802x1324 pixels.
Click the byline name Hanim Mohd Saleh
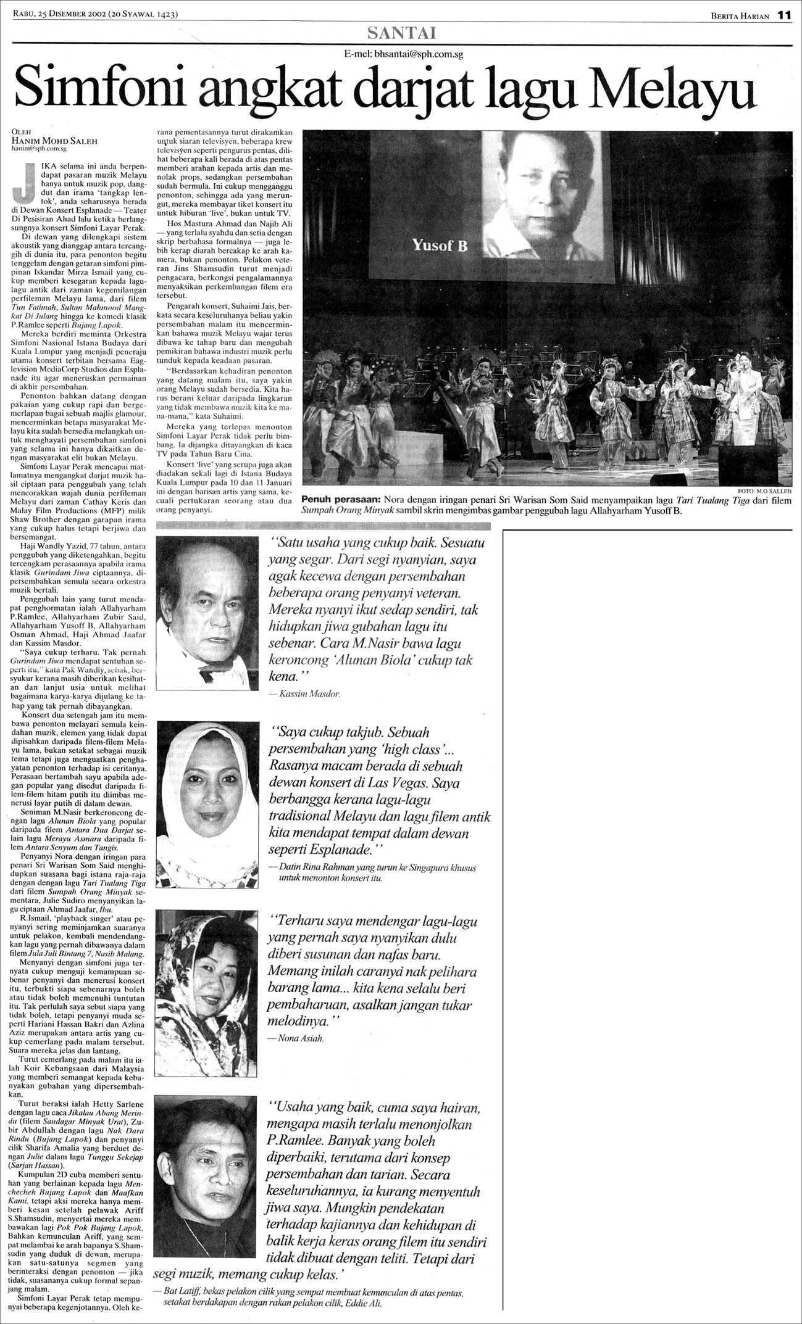tap(54, 141)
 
